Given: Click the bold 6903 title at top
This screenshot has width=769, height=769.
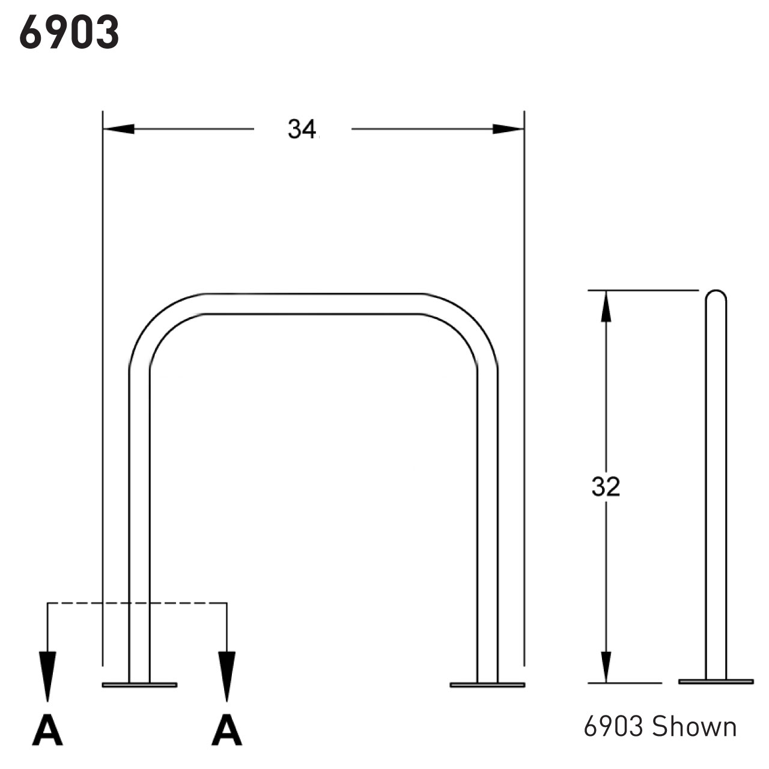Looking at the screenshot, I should coord(69,32).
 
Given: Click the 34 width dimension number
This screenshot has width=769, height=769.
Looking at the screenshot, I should coord(302,129).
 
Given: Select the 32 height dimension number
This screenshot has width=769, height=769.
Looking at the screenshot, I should coord(605,487).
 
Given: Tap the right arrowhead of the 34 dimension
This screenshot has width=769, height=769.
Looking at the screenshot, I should coord(508,129).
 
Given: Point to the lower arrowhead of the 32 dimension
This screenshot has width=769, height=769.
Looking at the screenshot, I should coord(606,667).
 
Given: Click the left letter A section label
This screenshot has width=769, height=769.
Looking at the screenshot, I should coord(47,731).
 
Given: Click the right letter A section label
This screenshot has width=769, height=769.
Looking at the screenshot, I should coord(226,731).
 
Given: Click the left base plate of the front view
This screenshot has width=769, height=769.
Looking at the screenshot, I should coord(139,684).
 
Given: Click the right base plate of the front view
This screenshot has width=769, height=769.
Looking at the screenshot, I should coord(487,684).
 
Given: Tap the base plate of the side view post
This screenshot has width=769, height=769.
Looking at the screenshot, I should coord(716,681).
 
